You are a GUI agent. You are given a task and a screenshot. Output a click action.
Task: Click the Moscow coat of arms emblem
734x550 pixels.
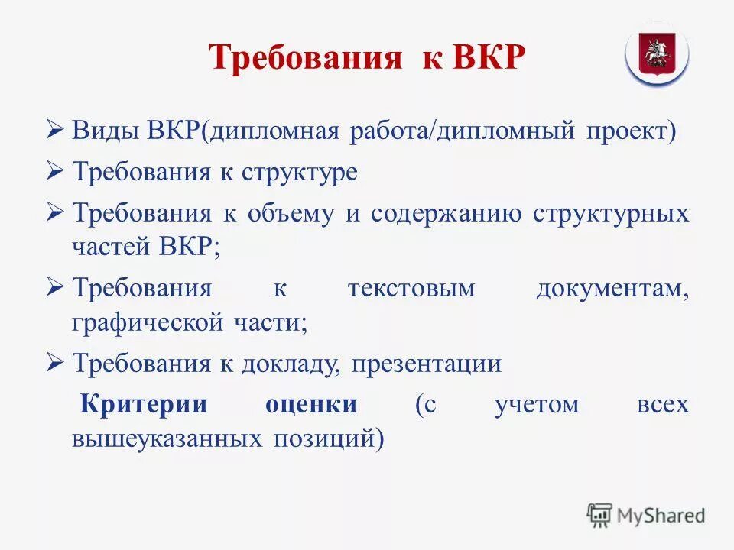click(657, 54)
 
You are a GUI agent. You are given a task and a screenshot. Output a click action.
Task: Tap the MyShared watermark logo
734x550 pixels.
click(647, 516)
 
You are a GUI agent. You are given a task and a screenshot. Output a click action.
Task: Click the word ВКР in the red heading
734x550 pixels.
click(489, 59)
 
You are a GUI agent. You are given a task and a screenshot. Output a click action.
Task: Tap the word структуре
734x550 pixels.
click(300, 172)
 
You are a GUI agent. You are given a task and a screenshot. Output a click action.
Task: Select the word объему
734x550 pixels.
click(291, 214)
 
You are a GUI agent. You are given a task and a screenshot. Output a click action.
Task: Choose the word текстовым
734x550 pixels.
click(411, 290)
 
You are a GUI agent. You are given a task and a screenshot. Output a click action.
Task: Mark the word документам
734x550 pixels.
click(612, 290)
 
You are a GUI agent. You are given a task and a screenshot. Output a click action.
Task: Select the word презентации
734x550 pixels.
click(427, 364)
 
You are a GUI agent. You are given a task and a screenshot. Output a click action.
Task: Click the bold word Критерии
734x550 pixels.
click(145, 404)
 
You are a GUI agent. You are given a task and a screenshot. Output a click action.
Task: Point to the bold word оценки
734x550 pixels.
click(311, 404)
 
